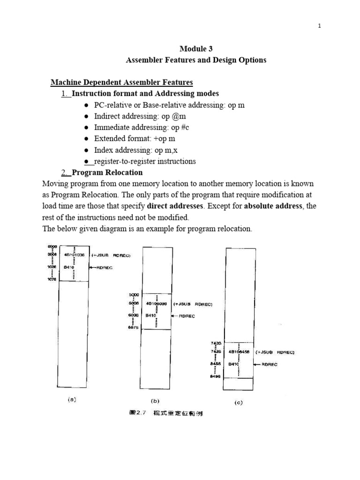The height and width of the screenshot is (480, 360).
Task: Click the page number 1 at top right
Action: point(319,26)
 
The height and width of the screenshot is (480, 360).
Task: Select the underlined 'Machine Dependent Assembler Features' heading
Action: point(121,83)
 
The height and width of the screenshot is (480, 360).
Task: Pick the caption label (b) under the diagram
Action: point(155,401)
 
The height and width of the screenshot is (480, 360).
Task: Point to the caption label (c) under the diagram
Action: point(239,402)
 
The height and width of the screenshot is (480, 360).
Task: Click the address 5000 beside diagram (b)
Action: point(134,295)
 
